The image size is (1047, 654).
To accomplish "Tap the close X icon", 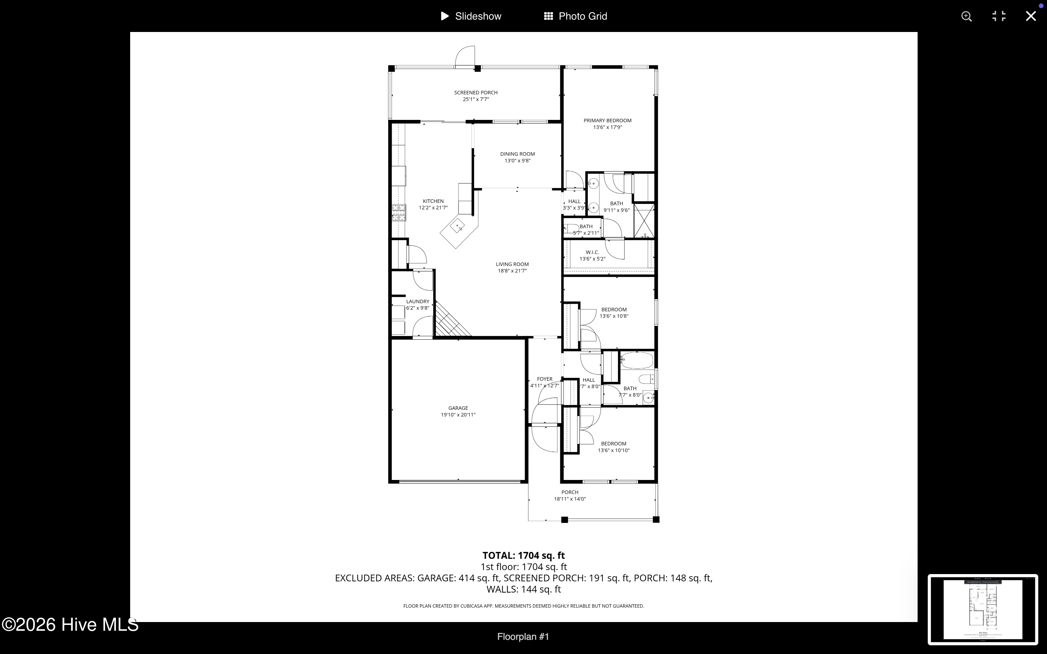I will tap(1031, 16).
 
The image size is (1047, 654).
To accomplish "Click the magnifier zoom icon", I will tap(967, 16).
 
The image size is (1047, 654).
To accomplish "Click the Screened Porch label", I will tap(476, 93).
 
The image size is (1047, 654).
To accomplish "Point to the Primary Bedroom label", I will tap(607, 121).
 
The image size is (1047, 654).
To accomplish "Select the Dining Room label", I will tap(517, 154).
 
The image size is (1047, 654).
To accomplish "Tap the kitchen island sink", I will tap(457, 226).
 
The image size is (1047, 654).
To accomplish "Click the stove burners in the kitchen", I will tap(399, 213).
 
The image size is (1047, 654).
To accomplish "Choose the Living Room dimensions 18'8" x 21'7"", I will tap(512, 271).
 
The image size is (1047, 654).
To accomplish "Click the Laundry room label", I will tap(417, 302).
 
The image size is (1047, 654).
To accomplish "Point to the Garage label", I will tap(458, 408).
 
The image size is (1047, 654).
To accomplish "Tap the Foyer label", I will tap(544, 379).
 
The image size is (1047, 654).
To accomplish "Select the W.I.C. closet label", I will tap(592, 252).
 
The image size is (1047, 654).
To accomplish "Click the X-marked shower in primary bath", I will tap(644, 220).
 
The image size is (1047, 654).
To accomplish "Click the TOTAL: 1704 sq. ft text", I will tap(523, 556).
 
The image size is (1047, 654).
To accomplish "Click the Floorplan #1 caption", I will tap(523, 636).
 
